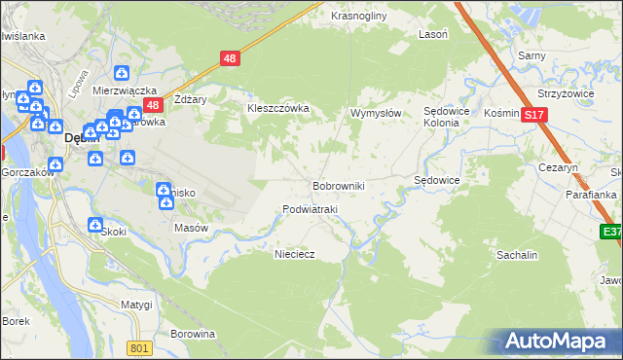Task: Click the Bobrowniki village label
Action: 338,185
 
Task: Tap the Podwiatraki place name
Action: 309,209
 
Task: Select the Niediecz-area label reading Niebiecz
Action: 295,252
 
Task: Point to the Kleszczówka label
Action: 277,108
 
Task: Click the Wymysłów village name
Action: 376,113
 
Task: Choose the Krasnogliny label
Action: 359,17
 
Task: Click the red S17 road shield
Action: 532,115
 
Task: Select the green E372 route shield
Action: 611,232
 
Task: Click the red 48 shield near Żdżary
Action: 151,104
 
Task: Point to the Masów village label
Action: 191,228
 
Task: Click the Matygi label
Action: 136,305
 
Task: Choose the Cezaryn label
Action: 558,167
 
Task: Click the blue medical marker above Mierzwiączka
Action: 122,73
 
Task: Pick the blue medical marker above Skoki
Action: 94,225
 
